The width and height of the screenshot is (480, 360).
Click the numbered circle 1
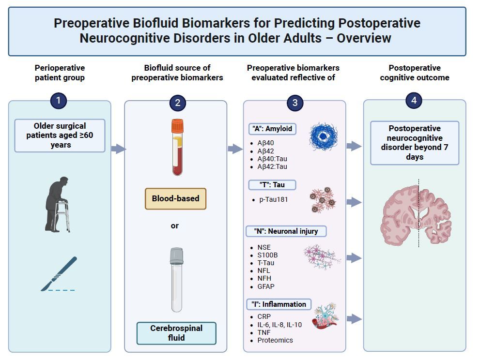click(x=59, y=101)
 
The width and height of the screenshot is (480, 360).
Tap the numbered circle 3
click(x=294, y=102)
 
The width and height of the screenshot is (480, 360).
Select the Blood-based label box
click(x=175, y=198)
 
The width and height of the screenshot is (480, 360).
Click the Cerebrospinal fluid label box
click(x=176, y=332)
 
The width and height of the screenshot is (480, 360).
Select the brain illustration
click(x=418, y=216)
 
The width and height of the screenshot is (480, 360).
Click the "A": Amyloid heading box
click(x=272, y=129)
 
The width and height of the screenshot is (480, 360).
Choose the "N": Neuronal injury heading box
click(x=287, y=231)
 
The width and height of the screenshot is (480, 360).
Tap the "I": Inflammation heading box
click(x=279, y=304)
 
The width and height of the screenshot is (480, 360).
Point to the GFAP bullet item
click(x=266, y=286)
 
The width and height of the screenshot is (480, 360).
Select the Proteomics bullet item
click(x=275, y=340)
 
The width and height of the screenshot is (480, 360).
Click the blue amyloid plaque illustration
click(x=323, y=137)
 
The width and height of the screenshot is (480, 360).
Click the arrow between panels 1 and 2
click(x=118, y=149)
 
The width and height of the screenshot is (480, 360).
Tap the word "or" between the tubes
click(x=175, y=225)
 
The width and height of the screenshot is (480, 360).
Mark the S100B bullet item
click(x=267, y=255)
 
